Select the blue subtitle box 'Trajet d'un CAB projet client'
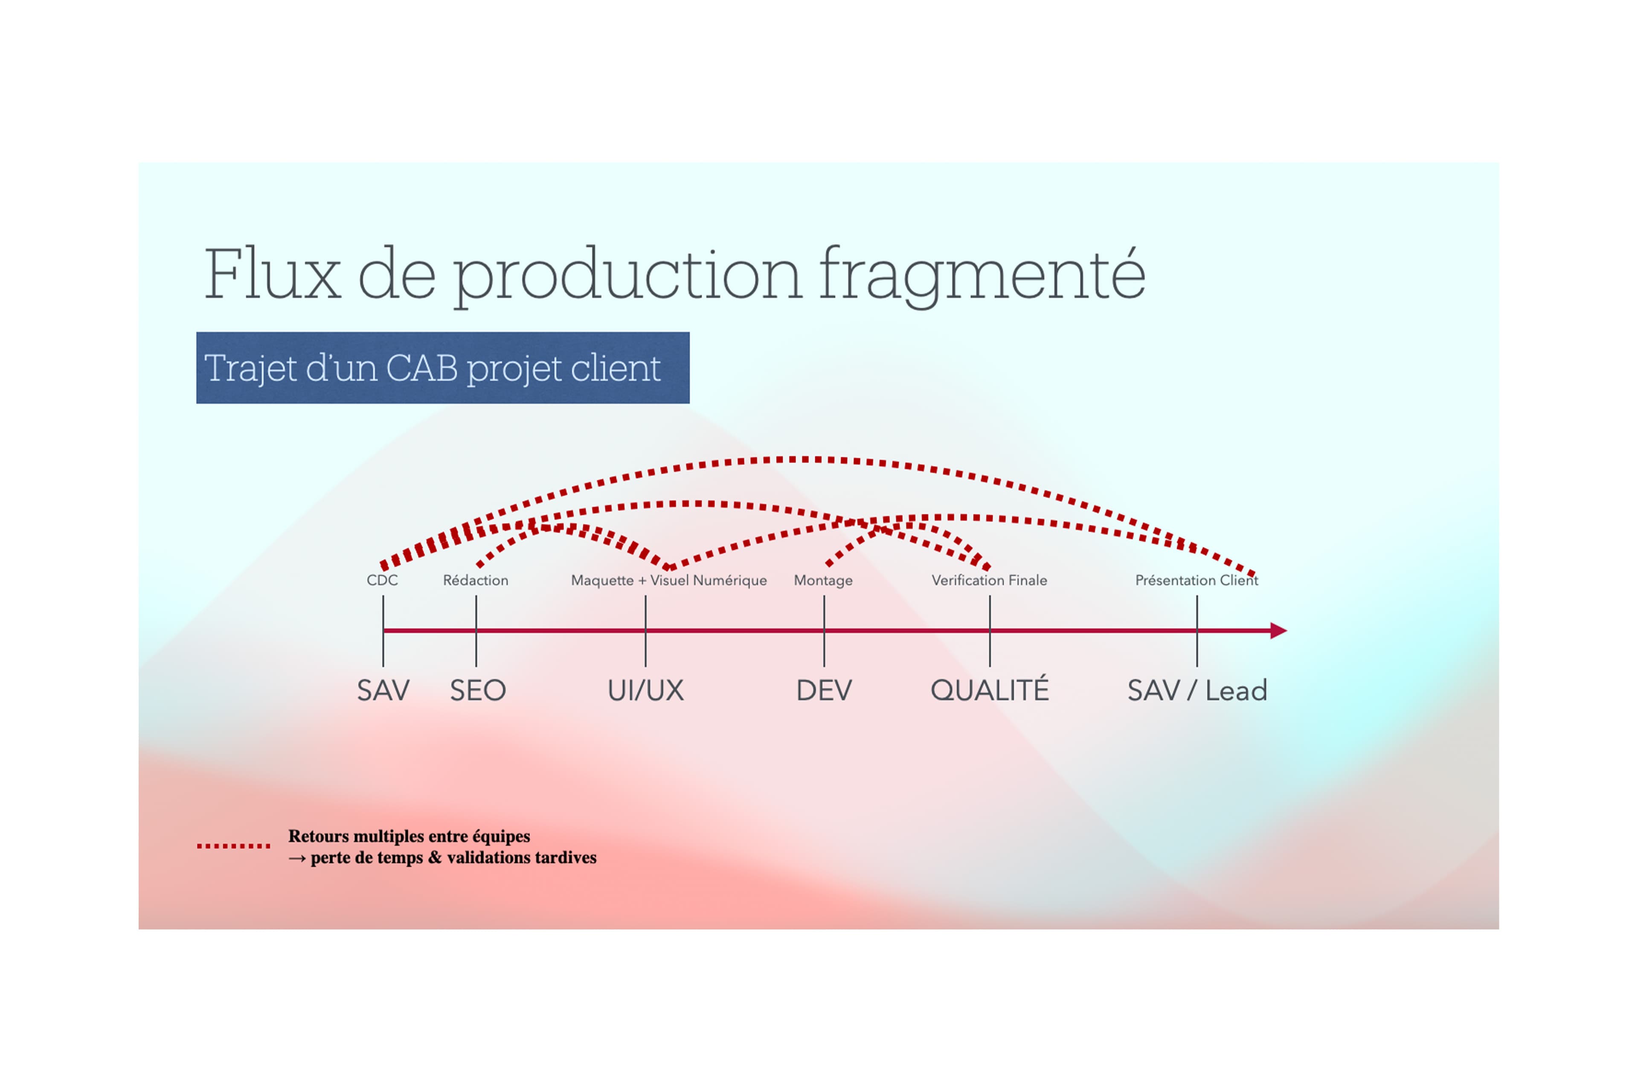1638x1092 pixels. tap(442, 368)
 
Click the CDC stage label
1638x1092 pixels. tap(382, 580)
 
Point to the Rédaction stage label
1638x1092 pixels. tap(476, 580)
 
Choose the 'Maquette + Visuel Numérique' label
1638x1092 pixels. tap(668, 580)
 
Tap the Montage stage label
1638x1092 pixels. tap(823, 580)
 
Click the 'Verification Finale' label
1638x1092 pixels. tap(989, 580)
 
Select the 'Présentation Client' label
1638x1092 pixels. tap(1197, 580)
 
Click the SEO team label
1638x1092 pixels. tap(478, 690)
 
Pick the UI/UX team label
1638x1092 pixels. tap(645, 690)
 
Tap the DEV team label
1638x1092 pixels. tap(824, 690)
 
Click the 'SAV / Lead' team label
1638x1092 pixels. tap(1197, 690)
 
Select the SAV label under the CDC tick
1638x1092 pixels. tap(383, 690)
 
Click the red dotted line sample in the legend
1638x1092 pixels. tap(233, 846)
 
